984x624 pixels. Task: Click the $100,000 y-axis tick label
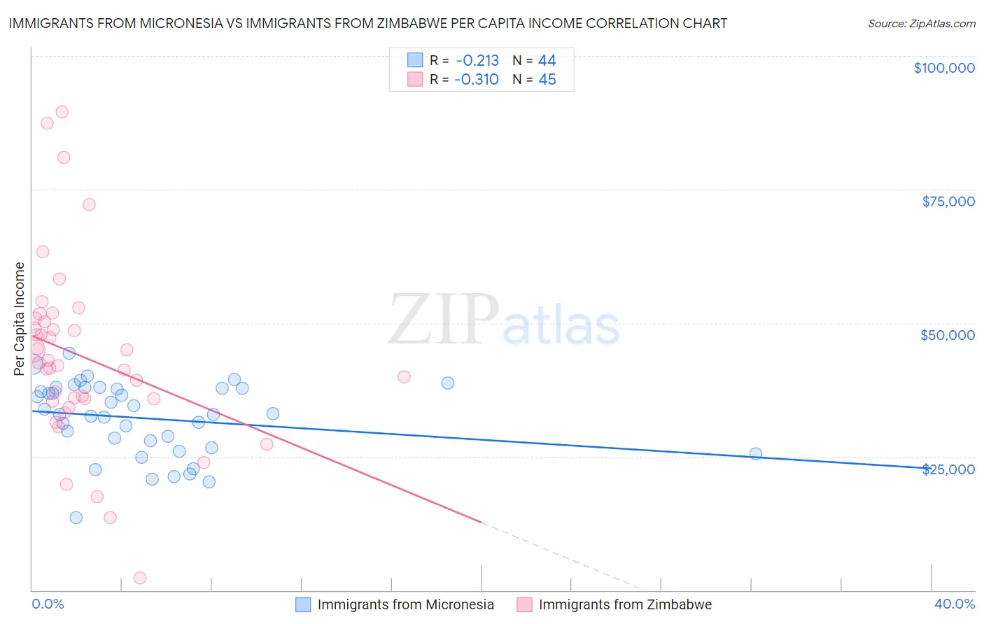[944, 68]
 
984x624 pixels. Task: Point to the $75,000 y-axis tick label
[948, 201]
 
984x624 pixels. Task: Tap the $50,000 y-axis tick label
[948, 335]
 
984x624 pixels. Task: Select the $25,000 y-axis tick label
[948, 469]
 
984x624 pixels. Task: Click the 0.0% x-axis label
[48, 604]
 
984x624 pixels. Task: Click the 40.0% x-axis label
[955, 604]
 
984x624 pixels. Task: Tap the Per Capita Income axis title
[20, 318]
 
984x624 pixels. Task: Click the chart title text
[368, 23]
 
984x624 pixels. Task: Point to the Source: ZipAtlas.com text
[922, 23]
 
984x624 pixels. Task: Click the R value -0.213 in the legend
[477, 60]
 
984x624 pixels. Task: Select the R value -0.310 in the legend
[477, 79]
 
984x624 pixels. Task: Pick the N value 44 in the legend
[547, 60]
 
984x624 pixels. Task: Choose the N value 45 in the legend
[547, 79]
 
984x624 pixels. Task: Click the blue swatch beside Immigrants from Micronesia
[303, 604]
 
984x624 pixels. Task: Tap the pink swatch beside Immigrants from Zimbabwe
[524, 604]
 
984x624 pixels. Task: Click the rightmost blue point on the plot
[756, 453]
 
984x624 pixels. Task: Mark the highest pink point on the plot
[62, 112]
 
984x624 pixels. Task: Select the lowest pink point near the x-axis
[140, 578]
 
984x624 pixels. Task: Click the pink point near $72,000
[89, 204]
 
